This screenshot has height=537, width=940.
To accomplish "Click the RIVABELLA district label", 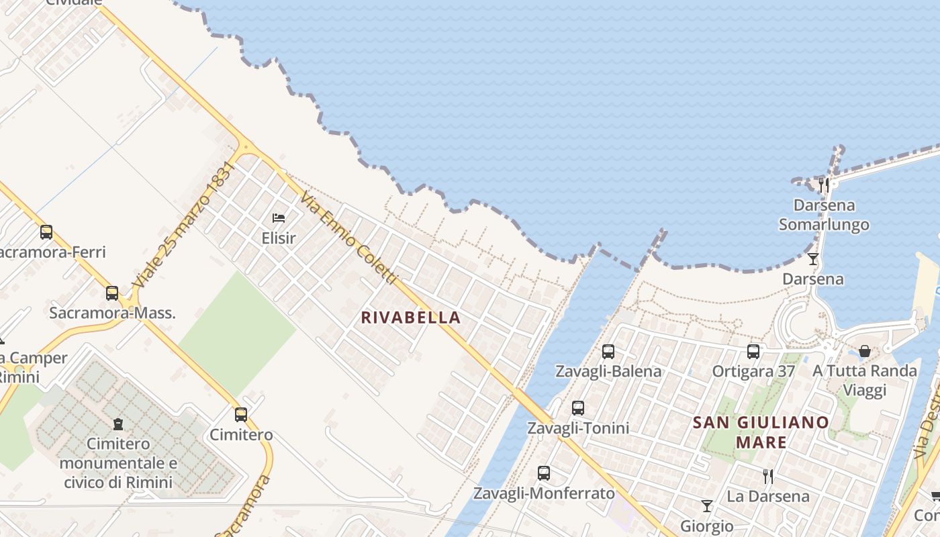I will pos(411,318).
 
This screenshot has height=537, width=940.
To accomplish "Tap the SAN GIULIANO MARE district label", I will pos(761,432).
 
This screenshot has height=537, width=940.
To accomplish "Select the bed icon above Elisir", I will pos(279,217).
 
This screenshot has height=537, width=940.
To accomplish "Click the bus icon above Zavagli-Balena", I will pos(608,351).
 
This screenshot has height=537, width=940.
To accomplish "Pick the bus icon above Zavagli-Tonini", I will pos(578,407).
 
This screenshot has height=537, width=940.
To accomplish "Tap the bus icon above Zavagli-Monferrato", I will pos(544,473).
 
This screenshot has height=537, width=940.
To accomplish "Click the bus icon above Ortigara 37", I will pos(753,351).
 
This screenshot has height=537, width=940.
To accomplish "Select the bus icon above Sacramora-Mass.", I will pos(112,293).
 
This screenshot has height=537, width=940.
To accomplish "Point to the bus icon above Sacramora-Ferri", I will pos(46,232).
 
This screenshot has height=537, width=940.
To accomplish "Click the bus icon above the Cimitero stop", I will pos(241,414).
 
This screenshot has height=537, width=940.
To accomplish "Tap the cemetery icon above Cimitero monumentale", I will pos(118,424).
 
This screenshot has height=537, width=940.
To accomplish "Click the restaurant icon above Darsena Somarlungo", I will pos(824,185).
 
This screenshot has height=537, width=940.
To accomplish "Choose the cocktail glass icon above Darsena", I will pos(813,258).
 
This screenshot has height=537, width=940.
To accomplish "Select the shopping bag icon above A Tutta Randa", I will pos(865,351).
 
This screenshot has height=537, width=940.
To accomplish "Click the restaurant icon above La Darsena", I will pos(768,476).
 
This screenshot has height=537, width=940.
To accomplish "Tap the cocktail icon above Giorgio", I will pos(706,505).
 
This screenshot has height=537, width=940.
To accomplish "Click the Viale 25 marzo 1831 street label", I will pos(183,226).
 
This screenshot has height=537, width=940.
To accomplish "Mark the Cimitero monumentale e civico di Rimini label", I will pos(118,463).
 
